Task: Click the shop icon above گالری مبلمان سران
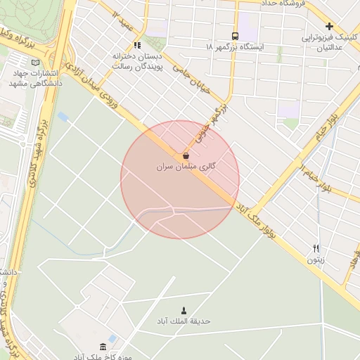click(x=186, y=155)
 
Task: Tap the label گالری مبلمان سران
click(x=186, y=167)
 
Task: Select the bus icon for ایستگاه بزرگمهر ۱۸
click(x=235, y=36)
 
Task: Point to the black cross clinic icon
click(x=328, y=26)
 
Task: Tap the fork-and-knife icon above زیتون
click(x=316, y=248)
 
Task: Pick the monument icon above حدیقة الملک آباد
click(x=184, y=310)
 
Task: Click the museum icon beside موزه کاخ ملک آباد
click(x=103, y=346)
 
